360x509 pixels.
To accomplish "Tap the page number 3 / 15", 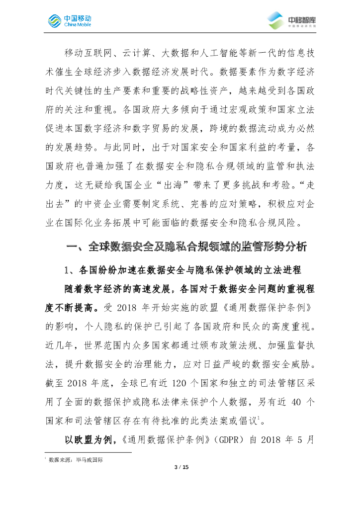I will point(180,467).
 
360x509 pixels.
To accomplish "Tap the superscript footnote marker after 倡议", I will point(259,419).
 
